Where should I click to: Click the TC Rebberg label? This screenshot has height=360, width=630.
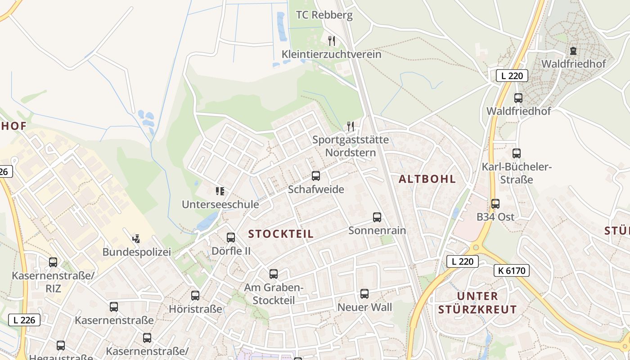coord(324,15)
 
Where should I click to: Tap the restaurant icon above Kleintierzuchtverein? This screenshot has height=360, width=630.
coord(332,41)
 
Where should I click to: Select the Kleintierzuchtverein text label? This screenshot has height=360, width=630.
coord(331,54)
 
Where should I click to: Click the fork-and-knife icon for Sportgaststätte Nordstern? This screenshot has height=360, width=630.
coord(351,126)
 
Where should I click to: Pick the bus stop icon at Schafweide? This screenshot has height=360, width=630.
coord(316,176)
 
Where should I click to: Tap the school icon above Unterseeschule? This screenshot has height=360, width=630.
coord(220,192)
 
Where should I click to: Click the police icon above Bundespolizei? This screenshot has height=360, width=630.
coord(136,238)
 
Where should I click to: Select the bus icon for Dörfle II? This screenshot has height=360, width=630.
coord(231,238)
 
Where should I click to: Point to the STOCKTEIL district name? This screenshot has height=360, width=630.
coord(281,234)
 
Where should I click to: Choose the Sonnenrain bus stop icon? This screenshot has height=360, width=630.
coord(377,217)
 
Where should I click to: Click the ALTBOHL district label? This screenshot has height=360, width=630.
coord(427,179)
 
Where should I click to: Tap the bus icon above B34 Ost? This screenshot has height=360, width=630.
coord(495,204)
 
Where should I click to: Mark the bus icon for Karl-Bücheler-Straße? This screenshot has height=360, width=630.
coord(517,153)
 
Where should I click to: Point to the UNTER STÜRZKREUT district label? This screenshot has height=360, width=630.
coord(477,303)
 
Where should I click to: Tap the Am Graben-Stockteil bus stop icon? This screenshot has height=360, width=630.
coord(273,274)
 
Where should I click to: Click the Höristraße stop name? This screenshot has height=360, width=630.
coord(195,309)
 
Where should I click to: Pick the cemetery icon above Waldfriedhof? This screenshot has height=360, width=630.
coord(573,51)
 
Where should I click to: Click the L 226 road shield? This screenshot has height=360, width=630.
coord(24,320)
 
